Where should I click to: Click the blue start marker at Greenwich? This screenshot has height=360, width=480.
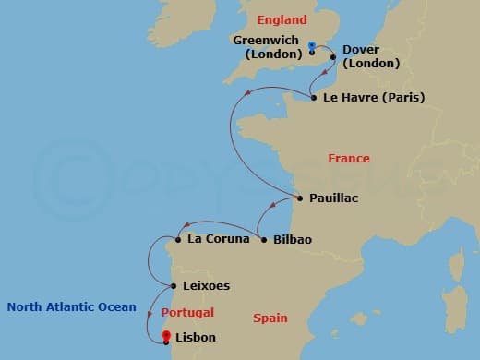(312, 45)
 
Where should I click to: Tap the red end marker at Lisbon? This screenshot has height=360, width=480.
(166, 336)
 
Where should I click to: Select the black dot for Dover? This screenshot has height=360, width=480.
(332, 57)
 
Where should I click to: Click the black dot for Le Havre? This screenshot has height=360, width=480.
(314, 97)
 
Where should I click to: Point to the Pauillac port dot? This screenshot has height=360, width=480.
(300, 198)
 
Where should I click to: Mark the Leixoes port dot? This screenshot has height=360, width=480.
(174, 286)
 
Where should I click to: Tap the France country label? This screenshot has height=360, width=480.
(348, 159)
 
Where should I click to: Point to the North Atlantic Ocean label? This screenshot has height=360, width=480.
(70, 307)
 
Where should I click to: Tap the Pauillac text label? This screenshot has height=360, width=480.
(334, 198)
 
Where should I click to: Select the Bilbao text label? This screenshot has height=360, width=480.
(293, 239)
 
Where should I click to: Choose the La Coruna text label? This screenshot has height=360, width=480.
(218, 239)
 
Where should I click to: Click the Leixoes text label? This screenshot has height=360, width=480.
(206, 286)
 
